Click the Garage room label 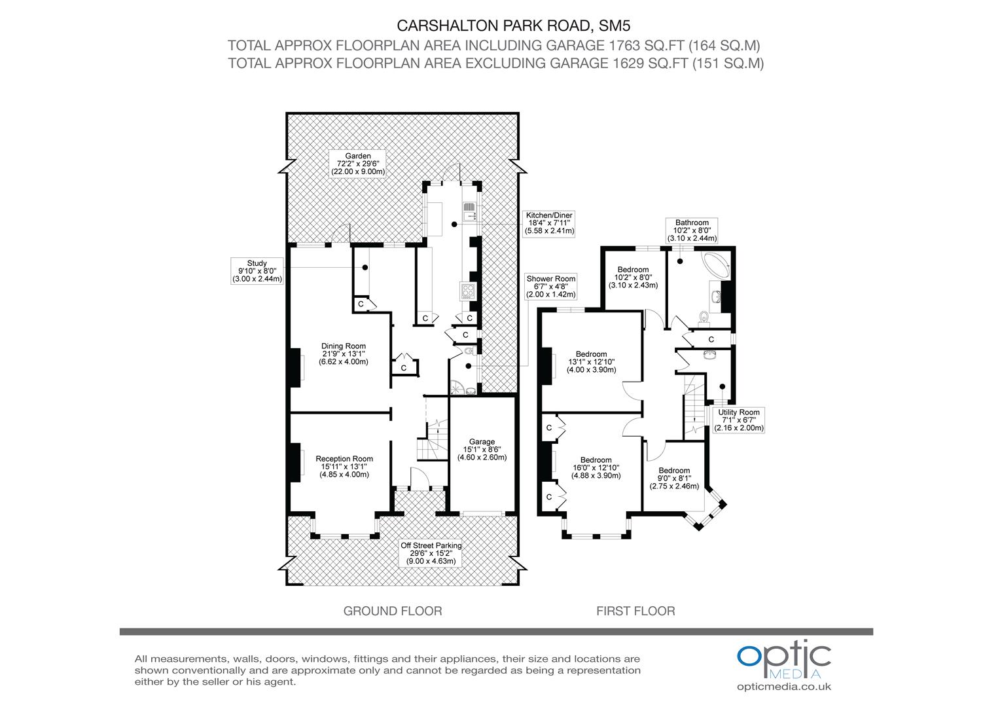482,449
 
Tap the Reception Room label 344,467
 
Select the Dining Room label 343,353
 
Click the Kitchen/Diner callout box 549,223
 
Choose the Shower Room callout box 550,287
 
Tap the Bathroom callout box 692,230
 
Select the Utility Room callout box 738,420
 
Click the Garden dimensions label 359,164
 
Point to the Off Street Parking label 431,553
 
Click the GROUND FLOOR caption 393,611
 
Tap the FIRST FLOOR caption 635,611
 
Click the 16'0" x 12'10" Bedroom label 596,468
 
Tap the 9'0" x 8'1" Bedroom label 674,479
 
